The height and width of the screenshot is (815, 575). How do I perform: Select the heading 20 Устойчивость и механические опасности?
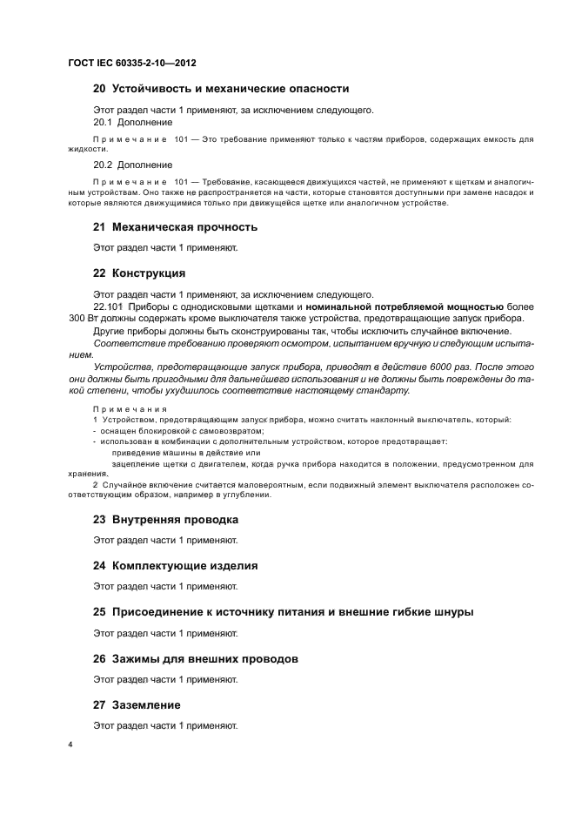[221, 89]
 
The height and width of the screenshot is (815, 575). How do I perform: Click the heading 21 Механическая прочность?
[175, 227]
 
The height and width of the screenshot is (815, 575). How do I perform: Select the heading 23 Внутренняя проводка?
[165, 520]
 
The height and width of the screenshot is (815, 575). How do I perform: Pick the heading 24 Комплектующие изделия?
[175, 566]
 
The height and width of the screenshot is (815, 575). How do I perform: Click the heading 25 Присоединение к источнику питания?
[283, 612]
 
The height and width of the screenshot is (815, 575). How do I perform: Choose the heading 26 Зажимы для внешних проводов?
[195, 659]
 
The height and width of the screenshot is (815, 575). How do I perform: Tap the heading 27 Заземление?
[137, 704]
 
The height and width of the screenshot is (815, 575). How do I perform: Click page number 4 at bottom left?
[70, 746]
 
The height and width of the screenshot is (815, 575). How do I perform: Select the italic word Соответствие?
[126, 344]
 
